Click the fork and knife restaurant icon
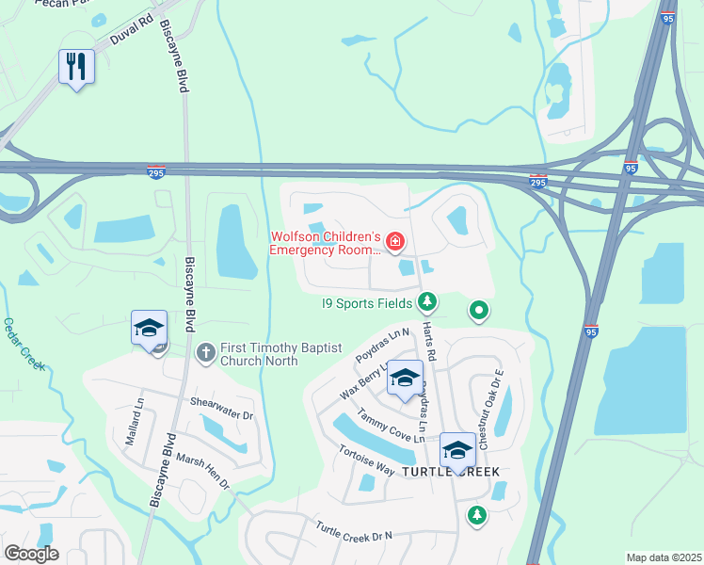76,67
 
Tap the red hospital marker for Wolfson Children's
395,244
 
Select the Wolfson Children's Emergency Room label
325,243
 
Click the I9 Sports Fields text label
367,302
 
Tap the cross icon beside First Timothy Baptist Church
205,352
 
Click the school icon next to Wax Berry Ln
405,379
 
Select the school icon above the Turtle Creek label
457,449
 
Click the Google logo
31,554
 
